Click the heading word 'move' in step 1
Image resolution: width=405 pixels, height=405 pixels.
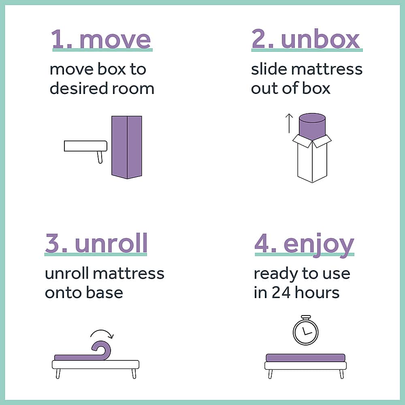115,40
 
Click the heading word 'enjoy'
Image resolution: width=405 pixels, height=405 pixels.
319,245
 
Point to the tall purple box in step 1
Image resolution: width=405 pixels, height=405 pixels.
126,147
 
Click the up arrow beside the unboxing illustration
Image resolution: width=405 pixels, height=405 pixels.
289,123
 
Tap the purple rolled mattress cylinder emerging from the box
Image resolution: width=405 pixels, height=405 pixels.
312,127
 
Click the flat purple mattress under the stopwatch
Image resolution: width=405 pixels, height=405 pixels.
305,358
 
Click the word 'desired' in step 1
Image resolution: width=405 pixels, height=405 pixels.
79,88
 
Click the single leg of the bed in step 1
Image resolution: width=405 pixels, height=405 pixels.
100,157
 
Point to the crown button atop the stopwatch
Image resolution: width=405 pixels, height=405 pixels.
306,318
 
